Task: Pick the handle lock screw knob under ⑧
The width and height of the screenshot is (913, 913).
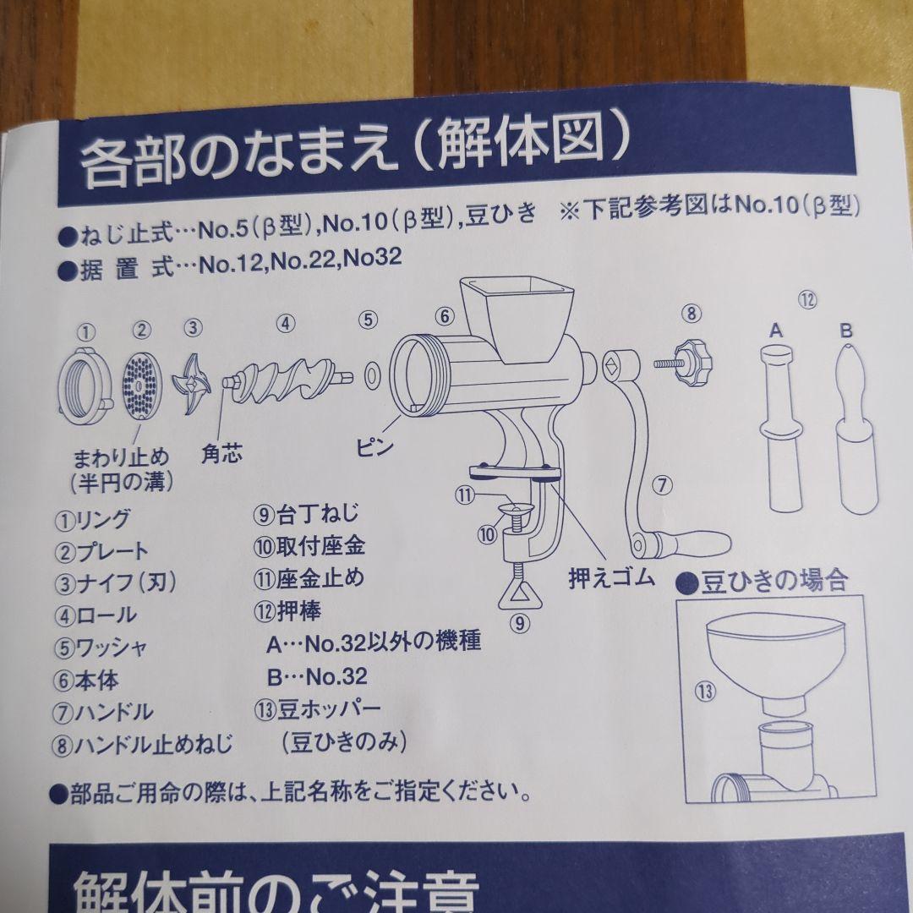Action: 692,362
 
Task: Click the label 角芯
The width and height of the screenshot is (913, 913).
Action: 222,454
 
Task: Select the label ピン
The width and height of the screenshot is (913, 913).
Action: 374,447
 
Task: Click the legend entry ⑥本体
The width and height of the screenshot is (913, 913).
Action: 87,679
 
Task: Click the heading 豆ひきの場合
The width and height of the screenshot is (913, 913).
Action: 764,581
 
